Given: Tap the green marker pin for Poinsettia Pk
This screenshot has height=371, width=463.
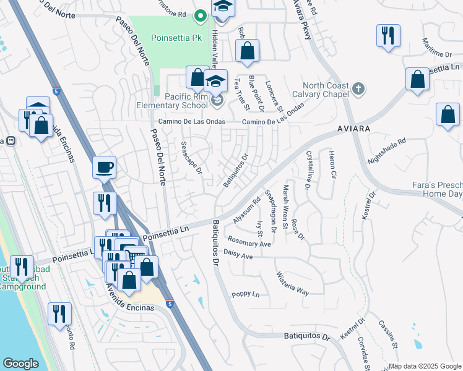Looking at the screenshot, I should click(199, 15).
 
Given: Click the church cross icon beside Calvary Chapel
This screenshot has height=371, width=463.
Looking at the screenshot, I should click(358, 89).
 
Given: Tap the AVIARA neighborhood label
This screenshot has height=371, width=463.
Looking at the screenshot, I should click(354, 129).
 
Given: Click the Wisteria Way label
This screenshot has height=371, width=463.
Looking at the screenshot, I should click(293, 283).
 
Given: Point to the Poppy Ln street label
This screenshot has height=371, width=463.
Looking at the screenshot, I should click(245, 294).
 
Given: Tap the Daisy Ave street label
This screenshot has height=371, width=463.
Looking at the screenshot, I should click(238, 255).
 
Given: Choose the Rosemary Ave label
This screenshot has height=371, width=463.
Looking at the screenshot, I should click(249, 244).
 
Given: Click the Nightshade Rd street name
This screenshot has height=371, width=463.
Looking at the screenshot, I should click(386, 150).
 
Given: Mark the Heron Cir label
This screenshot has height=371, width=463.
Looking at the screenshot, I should click(332, 164).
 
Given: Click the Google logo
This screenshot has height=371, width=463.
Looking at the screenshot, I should click(20, 364).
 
